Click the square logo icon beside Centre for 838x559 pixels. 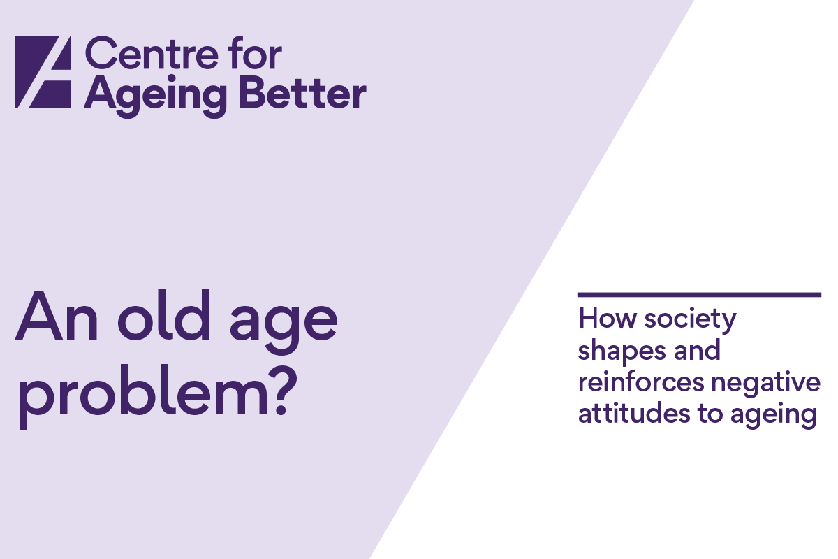click(43, 72)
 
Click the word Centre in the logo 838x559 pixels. click(152, 53)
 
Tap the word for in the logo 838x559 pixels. click(256, 53)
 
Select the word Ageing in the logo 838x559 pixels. click(156, 96)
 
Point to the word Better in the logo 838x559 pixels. click(302, 93)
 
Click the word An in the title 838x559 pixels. click(57, 316)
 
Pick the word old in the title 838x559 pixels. click(164, 314)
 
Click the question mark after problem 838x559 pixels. click(284, 391)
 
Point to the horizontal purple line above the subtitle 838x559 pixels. click(699, 295)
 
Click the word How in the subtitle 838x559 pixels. click(608, 319)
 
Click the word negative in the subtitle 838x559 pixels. click(766, 384)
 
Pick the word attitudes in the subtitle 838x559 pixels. click(634, 414)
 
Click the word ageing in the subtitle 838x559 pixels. click(773, 416)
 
